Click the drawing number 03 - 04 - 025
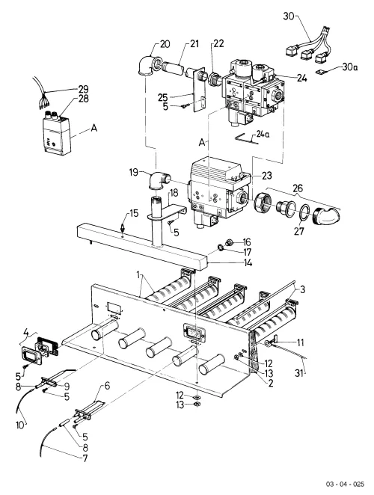(x=346, y=485)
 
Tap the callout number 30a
(x=350, y=67)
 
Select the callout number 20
(x=165, y=44)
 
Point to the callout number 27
(x=298, y=231)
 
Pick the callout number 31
(x=299, y=373)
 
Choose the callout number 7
(x=85, y=458)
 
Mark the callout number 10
(x=19, y=425)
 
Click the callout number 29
(x=83, y=89)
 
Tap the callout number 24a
(x=263, y=134)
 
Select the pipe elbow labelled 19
(x=159, y=181)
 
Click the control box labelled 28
(x=58, y=136)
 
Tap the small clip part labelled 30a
(x=322, y=73)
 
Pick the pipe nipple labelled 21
(x=173, y=68)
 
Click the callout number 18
(x=174, y=193)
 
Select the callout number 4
(x=26, y=333)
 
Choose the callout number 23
(x=266, y=175)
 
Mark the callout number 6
(x=108, y=385)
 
